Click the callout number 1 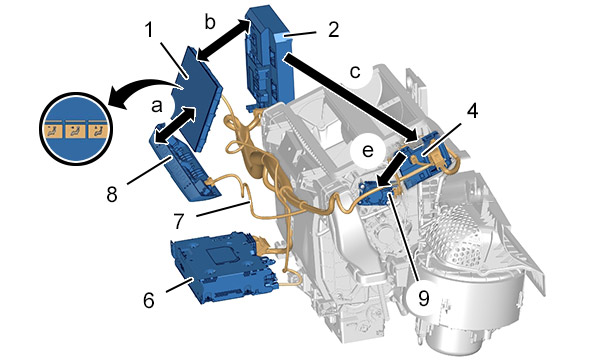(x=149, y=29)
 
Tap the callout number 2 (x=333, y=29)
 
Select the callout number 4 (x=473, y=110)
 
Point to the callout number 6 (x=149, y=301)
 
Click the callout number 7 (x=179, y=221)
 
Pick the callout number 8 (x=112, y=194)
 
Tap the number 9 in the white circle (x=424, y=299)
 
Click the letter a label (x=156, y=106)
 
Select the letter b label (x=210, y=22)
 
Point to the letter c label (x=355, y=72)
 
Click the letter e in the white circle (x=368, y=150)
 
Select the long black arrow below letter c (x=351, y=98)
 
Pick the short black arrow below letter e (x=392, y=169)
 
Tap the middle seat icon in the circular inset (x=74, y=130)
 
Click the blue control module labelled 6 (x=223, y=266)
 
